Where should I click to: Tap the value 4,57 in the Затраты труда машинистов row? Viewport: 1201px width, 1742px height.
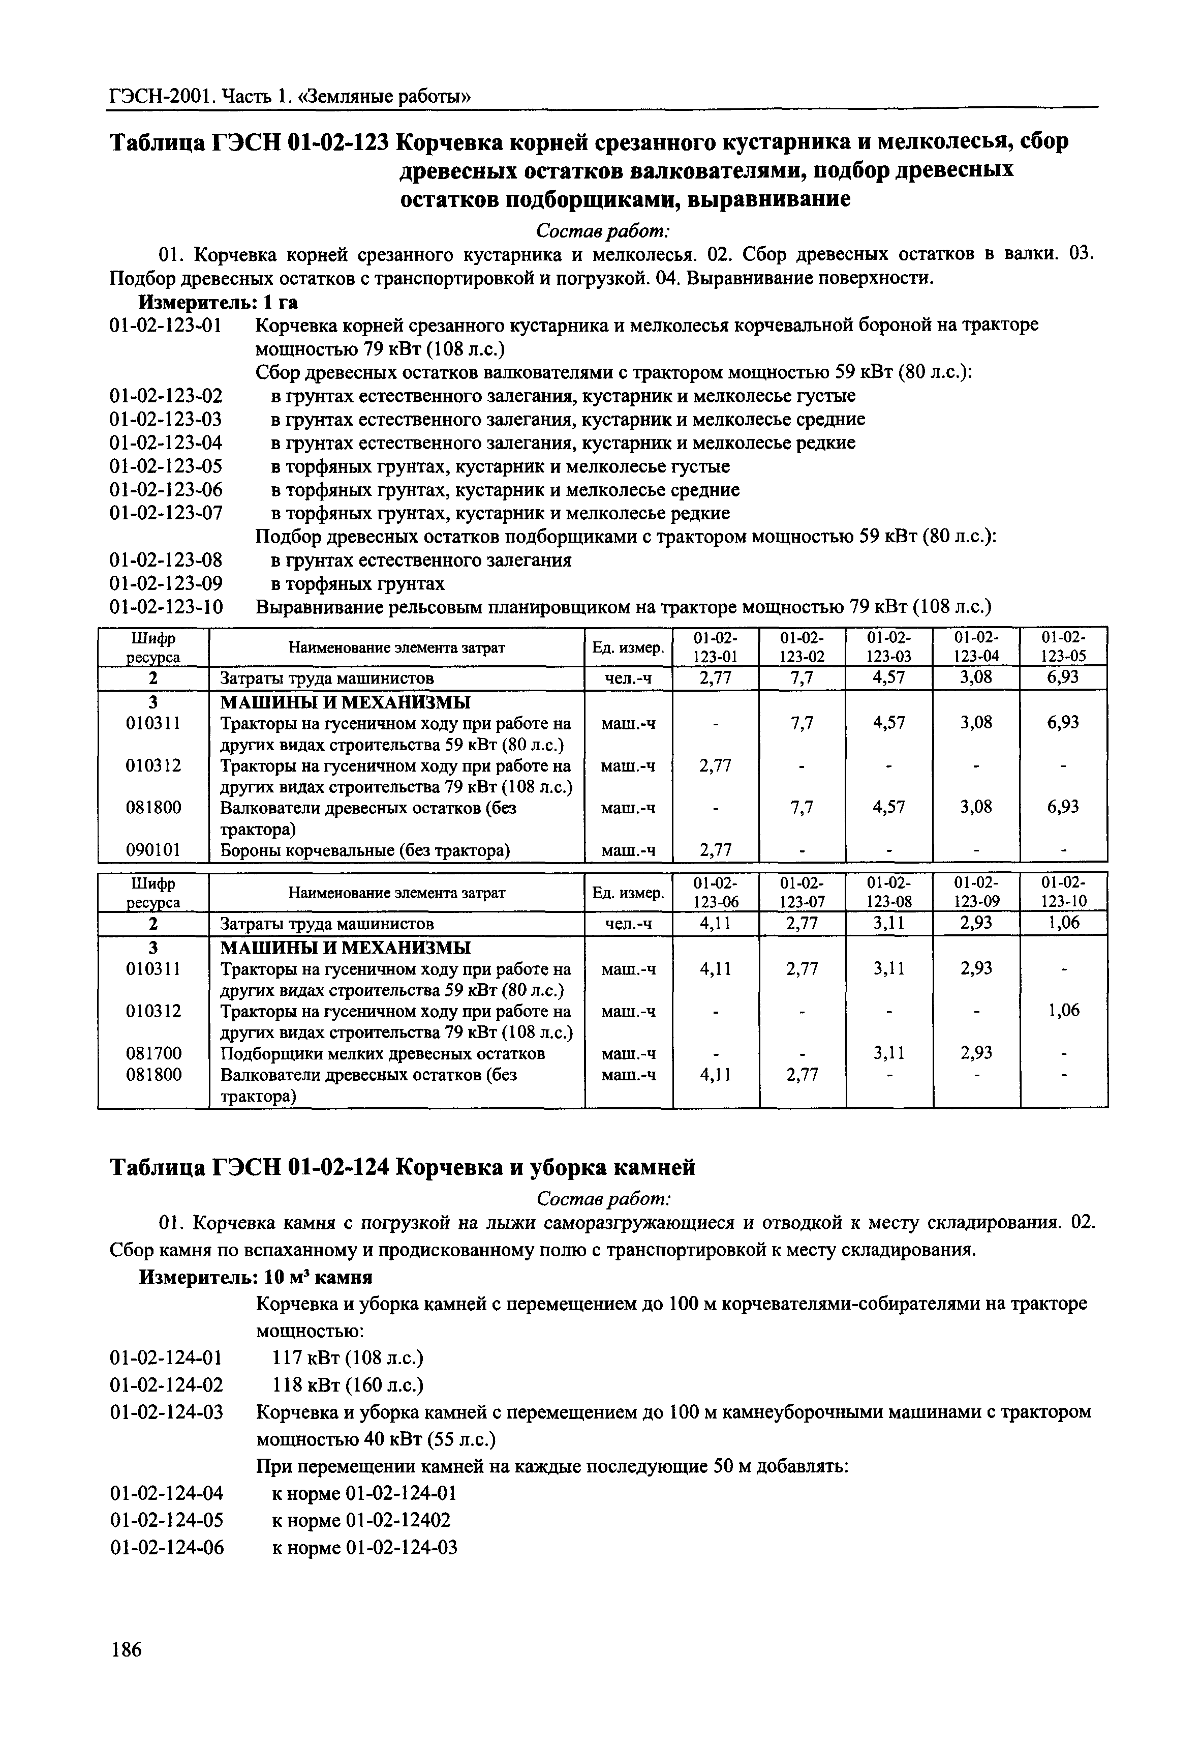click(x=889, y=677)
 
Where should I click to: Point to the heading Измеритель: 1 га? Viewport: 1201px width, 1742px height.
click(x=218, y=303)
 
